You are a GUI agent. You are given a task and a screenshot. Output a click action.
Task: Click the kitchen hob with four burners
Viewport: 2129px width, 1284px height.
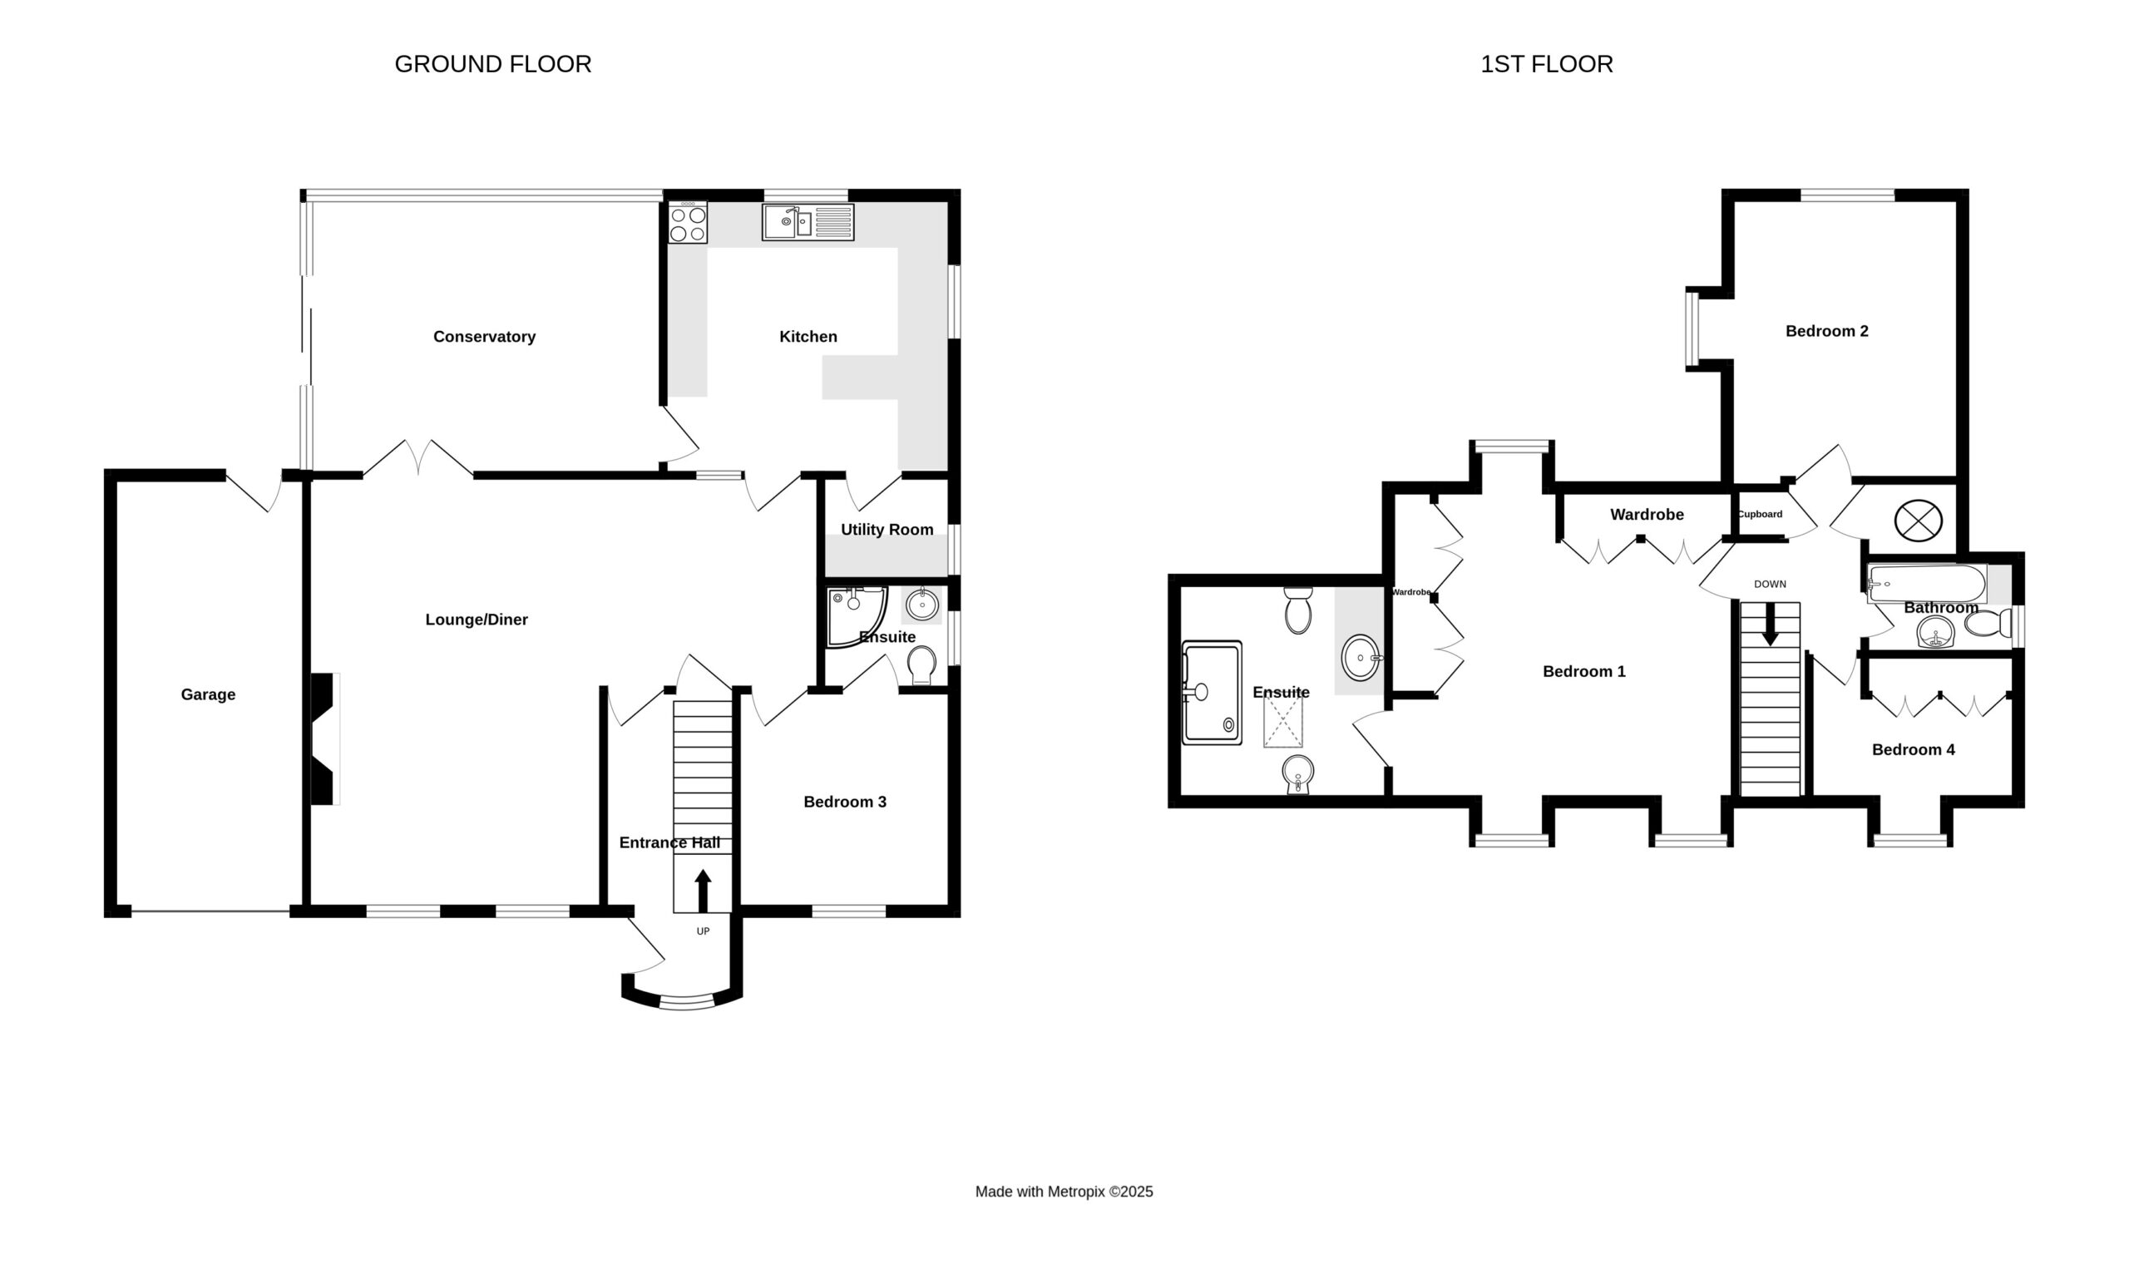coord(688,223)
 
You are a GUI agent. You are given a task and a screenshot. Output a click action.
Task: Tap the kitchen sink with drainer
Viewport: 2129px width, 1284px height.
coord(808,222)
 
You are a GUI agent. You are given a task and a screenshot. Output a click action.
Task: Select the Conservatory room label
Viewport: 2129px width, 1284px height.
coord(484,337)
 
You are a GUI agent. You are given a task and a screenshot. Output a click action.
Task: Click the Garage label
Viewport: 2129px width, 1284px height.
coord(208,694)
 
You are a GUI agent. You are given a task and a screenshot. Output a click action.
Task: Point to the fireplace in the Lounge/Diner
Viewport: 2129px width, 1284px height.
coord(324,738)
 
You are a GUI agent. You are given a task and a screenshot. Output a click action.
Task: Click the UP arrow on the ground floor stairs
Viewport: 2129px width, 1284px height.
coord(704,891)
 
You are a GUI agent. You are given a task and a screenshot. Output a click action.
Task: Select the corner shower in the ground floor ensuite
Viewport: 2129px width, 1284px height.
coord(857,618)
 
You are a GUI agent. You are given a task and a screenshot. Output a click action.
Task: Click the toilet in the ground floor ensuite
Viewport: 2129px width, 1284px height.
coord(922,665)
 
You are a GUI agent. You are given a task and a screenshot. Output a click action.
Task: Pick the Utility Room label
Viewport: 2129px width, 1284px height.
coord(887,530)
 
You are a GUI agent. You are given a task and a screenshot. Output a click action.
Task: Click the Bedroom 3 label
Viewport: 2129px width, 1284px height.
coord(845,802)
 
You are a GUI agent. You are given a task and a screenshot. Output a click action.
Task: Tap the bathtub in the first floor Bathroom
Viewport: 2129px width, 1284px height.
coord(1927,584)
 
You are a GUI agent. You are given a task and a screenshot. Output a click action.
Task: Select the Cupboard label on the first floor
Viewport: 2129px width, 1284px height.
coord(1760,514)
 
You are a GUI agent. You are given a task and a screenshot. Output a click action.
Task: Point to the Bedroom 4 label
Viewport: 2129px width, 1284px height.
coord(1913,750)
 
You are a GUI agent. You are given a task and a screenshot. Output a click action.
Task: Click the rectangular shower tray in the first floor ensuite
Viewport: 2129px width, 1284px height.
coord(1213,692)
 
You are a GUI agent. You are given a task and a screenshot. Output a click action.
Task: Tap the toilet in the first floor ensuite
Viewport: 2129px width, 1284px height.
coord(1298,610)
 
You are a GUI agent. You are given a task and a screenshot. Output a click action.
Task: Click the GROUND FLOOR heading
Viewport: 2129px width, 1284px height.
coord(493,64)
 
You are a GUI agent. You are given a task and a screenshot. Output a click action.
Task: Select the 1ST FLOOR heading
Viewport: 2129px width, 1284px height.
coord(1547,64)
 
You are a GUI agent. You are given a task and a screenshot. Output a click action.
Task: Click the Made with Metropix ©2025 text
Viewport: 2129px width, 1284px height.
coord(1064,1192)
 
